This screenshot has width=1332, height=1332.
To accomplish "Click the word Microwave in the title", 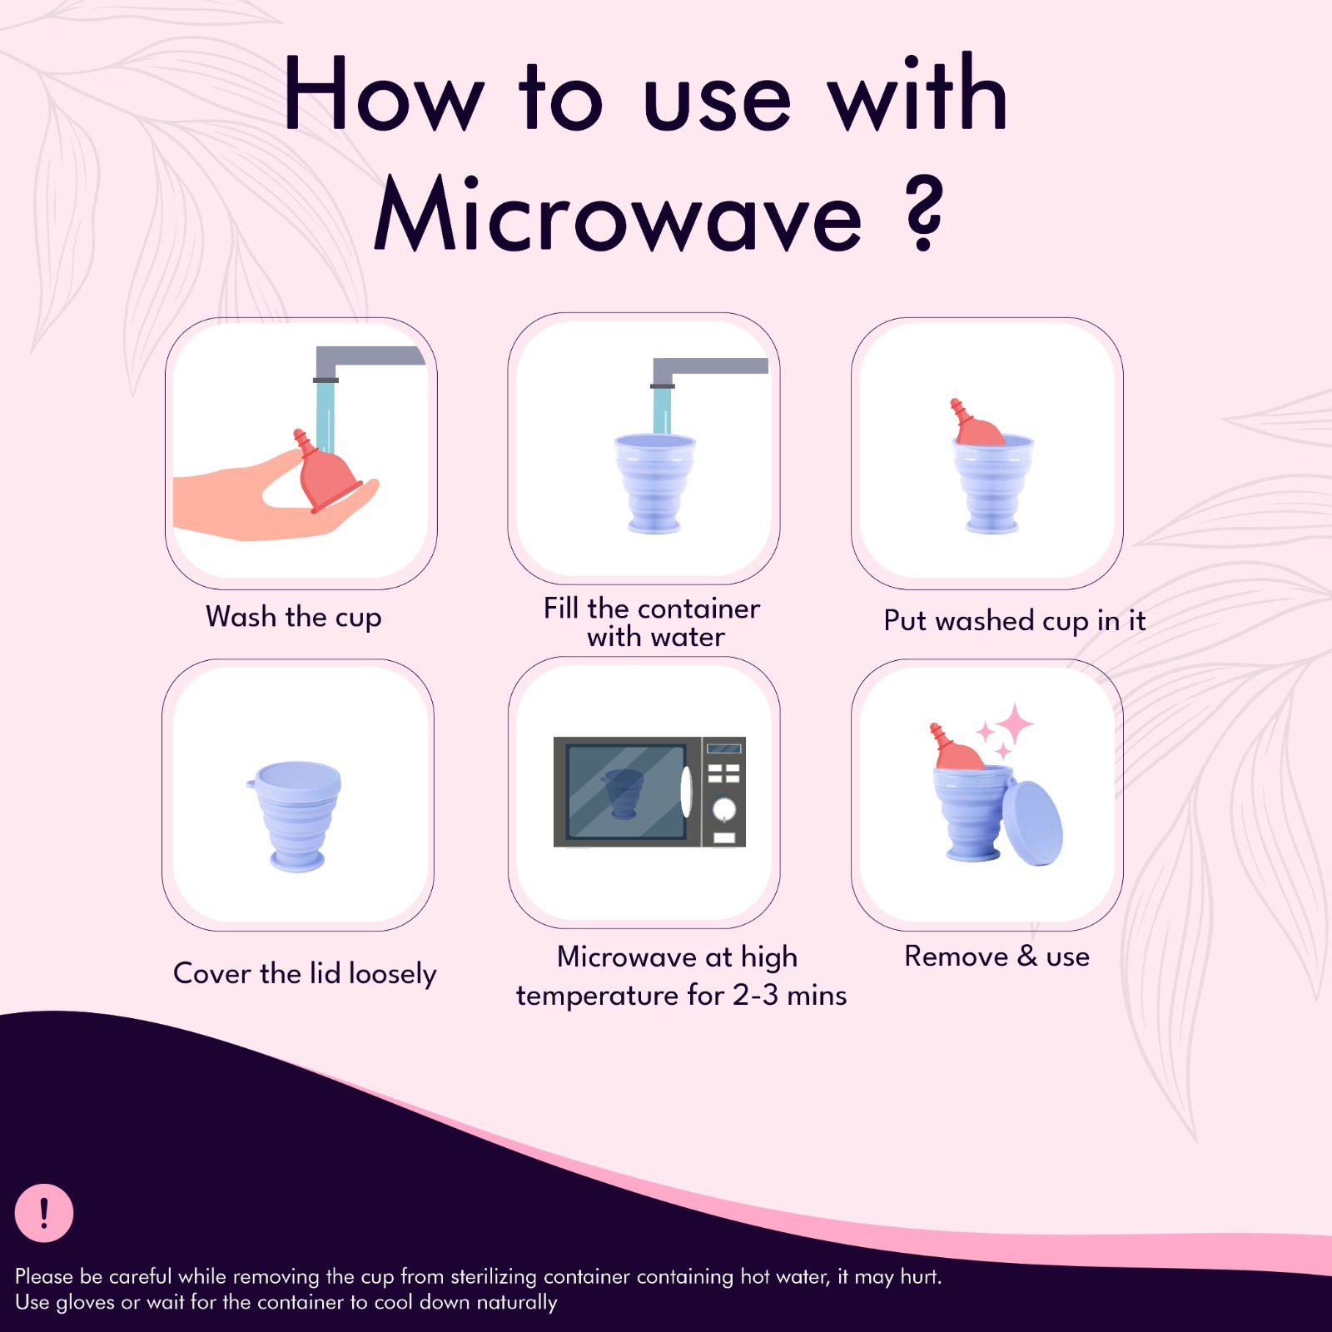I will pos(618,216).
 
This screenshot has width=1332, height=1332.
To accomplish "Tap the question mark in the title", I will pos(924,214).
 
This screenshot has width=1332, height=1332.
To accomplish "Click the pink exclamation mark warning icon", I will pos(44,1213).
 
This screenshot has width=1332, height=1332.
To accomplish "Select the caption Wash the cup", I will pos(293,617).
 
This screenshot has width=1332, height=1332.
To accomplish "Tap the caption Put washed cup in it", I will pos(1014,620).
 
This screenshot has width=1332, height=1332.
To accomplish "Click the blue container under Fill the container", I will pos(654,483).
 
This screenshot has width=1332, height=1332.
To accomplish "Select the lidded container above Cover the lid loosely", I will pos(297,814).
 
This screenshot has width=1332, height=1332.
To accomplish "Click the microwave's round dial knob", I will pos(723,808).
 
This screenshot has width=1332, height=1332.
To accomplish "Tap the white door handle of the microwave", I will pos(686,791).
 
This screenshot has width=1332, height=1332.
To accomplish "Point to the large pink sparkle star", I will pos(1015,723).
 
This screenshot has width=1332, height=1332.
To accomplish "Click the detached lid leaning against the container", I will pos(1032,823).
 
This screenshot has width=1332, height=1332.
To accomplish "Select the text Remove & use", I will pos(997,957).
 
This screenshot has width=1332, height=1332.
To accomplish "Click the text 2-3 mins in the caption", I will pos(789,995).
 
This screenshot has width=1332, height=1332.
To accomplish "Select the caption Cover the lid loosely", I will pos(305,973).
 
